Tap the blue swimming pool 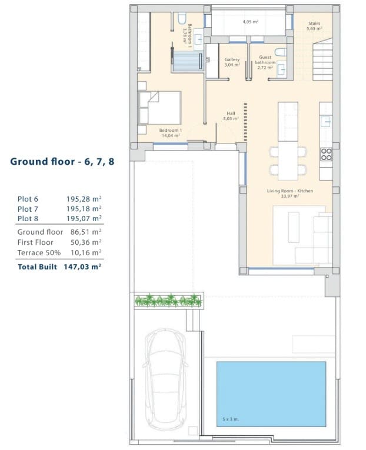[x=271, y=393]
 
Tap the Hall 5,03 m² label [x=230, y=116]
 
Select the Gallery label [x=232, y=62]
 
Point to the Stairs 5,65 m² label [x=315, y=26]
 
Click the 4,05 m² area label [x=251, y=22]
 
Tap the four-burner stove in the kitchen [x=326, y=154]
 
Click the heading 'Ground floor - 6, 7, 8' [x=62, y=161]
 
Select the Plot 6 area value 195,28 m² [x=84, y=199]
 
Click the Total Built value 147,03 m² [x=82, y=266]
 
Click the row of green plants [x=168, y=301]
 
